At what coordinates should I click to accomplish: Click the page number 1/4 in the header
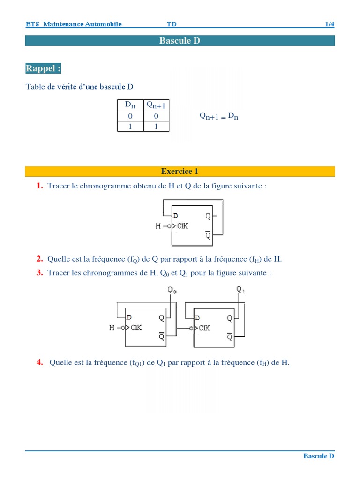point(330,24)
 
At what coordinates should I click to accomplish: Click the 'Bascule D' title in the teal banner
point(180,41)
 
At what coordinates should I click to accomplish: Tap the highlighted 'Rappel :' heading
point(43,68)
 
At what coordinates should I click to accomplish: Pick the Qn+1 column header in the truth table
point(156,105)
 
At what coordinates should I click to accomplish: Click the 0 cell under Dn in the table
point(130,116)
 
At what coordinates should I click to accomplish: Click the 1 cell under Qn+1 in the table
point(156,127)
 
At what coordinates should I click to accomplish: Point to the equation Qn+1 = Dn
point(219,116)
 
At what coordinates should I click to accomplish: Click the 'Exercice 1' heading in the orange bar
point(180,172)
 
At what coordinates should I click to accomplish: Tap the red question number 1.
point(40,186)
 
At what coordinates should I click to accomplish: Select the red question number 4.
point(40,362)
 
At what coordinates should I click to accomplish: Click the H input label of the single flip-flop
point(158,226)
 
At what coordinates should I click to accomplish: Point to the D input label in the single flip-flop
point(176,216)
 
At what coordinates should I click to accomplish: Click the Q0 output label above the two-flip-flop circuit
point(172,290)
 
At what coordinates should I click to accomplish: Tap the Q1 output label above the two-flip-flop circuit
point(241,290)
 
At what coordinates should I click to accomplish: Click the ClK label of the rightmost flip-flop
point(204,328)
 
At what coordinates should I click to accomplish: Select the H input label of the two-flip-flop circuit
point(112,328)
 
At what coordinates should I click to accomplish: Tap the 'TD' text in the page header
point(172,24)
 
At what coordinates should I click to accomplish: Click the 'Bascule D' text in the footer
point(319,456)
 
